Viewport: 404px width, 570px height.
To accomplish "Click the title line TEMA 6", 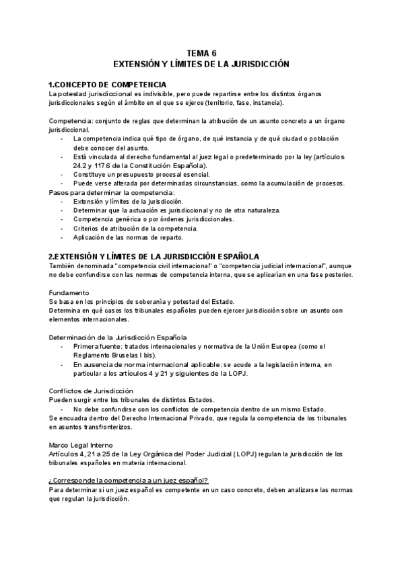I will [201, 52].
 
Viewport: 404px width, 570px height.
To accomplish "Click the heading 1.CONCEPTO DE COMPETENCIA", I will [107, 84].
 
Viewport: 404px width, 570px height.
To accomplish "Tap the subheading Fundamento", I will [69, 293].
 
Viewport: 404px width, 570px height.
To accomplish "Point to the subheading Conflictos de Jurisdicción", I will [91, 391].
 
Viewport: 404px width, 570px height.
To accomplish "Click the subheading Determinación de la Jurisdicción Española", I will [118, 336].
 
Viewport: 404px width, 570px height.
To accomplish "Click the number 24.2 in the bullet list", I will [82, 165].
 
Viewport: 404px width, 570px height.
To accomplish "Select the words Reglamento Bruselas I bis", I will [114, 355].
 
